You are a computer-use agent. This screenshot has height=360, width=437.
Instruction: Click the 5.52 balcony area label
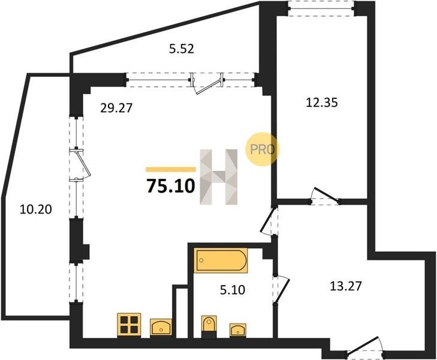coord(182,49)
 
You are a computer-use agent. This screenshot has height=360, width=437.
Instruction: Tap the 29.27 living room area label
coord(116,108)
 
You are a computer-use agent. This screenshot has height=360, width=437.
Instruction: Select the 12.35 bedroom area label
coord(322,103)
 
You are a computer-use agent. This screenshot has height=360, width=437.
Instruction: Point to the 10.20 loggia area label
coord(36,209)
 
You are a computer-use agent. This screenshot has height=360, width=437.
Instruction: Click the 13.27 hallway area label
coord(346,286)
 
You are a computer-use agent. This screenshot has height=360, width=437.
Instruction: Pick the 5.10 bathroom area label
coord(233,290)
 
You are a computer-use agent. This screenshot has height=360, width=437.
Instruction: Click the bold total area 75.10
coord(170,186)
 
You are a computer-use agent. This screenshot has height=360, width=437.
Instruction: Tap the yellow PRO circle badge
coord(262,149)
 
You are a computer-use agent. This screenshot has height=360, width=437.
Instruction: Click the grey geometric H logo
coord(218,177)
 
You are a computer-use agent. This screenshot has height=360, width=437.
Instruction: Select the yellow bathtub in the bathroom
coord(221,260)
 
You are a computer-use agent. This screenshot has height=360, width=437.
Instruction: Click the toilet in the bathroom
coord(209,326)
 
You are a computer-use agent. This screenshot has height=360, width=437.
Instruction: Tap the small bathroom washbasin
coord(238,329)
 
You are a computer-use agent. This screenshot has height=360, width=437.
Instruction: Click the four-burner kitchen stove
coord(129,324)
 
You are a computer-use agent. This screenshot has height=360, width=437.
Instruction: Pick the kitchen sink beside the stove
coord(161,327)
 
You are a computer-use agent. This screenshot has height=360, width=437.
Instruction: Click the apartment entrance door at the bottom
coord(366,349)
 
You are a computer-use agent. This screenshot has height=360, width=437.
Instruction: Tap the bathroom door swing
coord(282,290)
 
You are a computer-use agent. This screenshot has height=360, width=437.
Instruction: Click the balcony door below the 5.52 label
coord(207,83)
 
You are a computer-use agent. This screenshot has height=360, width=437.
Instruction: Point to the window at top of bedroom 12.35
coord(321,8)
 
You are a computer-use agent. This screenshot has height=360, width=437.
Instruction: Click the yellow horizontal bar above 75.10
coord(171,169)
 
